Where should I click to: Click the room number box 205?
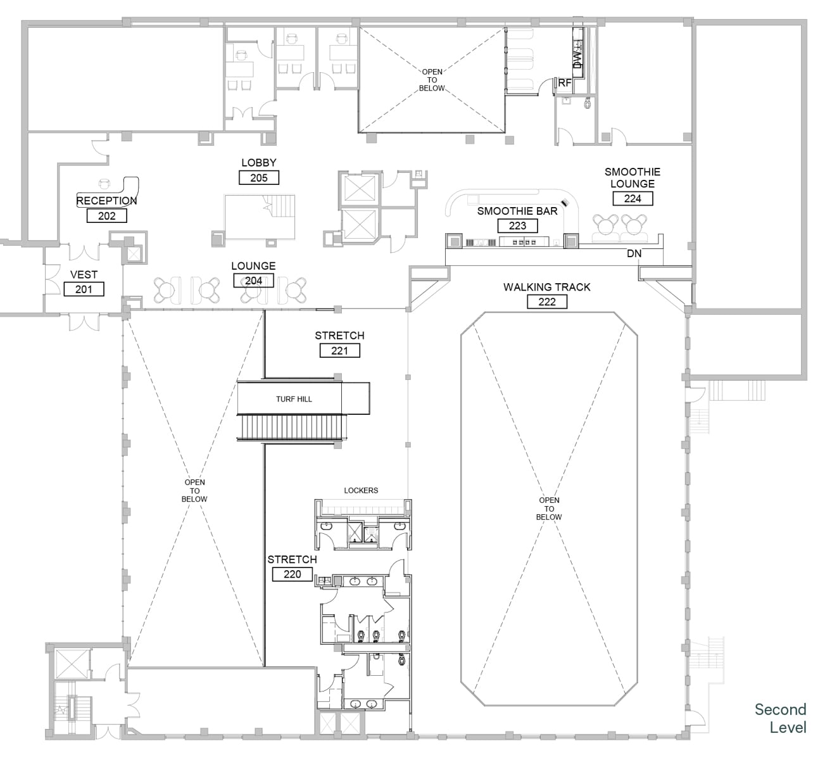coord(259,178)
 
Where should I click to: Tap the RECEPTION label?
coord(106,201)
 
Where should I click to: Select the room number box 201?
coord(84,289)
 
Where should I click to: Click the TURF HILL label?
coord(294,399)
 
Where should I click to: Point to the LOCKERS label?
coord(361,490)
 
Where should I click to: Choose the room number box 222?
coord(547,301)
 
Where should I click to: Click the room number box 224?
coord(633,198)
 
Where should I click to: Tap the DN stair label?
coord(634,253)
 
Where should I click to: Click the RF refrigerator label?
coord(565,83)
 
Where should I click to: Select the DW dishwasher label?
coord(577,59)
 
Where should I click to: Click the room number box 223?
coord(517,225)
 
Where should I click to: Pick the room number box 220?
coord(293,574)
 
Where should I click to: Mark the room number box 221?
coord(340,351)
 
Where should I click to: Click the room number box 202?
coord(107,215)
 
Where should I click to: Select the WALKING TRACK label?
coord(547,287)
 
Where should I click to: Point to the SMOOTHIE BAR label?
coord(517,211)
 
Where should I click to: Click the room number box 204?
coord(253,281)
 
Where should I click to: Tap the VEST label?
coord(84,274)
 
